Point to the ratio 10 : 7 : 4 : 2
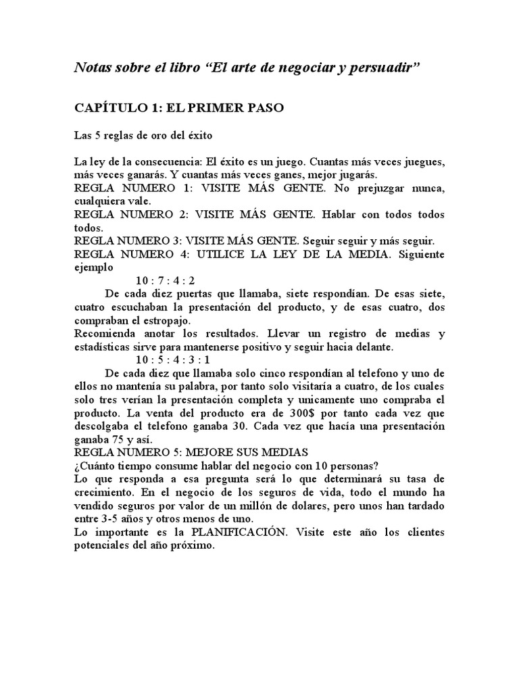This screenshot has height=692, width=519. [x=165, y=281]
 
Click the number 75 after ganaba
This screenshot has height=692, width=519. [x=116, y=438]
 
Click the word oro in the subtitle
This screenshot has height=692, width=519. [x=145, y=134]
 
